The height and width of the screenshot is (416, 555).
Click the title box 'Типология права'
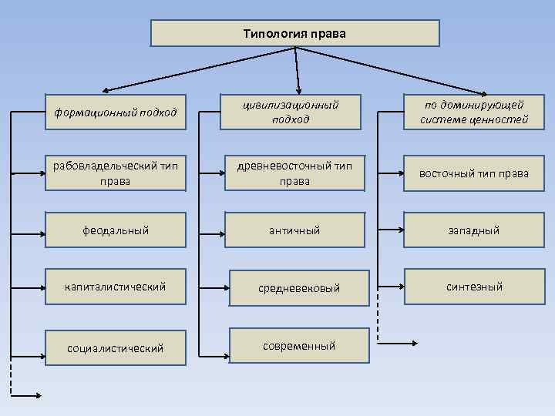tap(294, 34)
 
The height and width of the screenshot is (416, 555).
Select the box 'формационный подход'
tap(116, 113)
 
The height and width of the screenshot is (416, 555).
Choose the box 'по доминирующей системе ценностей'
tap(474, 112)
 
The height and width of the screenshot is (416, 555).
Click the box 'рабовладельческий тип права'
tap(116, 173)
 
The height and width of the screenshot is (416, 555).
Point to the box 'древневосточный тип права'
tap(294, 173)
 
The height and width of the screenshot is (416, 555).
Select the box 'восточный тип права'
tap(474, 173)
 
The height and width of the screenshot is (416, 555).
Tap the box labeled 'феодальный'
tap(116, 230)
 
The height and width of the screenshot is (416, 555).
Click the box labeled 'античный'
tap(294, 230)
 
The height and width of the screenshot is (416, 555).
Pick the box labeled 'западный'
tap(474, 230)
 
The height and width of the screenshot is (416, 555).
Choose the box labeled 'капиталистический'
tap(116, 287)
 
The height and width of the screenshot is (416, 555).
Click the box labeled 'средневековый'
tap(294, 288)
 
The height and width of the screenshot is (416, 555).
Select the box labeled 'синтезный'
tap(474, 287)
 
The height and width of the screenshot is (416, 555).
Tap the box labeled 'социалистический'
tap(116, 348)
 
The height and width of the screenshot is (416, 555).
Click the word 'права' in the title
tap(329, 34)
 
